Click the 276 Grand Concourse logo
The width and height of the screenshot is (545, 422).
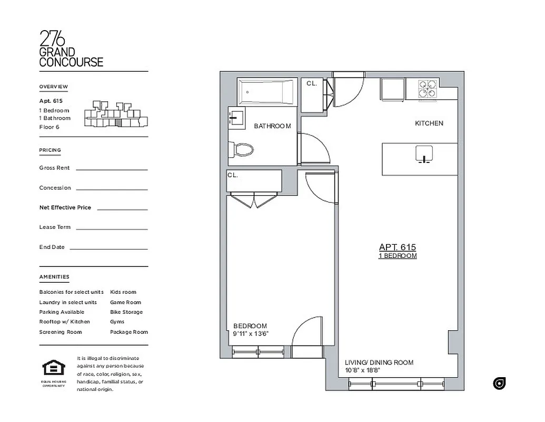71,49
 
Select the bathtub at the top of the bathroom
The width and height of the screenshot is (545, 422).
267,92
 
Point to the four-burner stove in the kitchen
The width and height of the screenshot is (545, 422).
428,89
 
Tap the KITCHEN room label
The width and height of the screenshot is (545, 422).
429,123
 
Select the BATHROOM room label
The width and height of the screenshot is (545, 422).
272,126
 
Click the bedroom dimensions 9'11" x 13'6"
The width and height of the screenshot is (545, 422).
251,334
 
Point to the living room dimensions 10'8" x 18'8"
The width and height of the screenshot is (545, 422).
362,370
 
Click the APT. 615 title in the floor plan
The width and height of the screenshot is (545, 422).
398,247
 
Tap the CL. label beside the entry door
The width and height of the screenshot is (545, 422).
311,83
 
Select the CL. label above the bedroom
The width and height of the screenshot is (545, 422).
233,175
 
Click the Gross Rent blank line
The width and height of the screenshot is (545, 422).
112,169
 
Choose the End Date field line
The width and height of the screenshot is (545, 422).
108,248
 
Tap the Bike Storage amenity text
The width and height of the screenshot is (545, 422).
126,312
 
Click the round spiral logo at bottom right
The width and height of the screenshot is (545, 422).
499,383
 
